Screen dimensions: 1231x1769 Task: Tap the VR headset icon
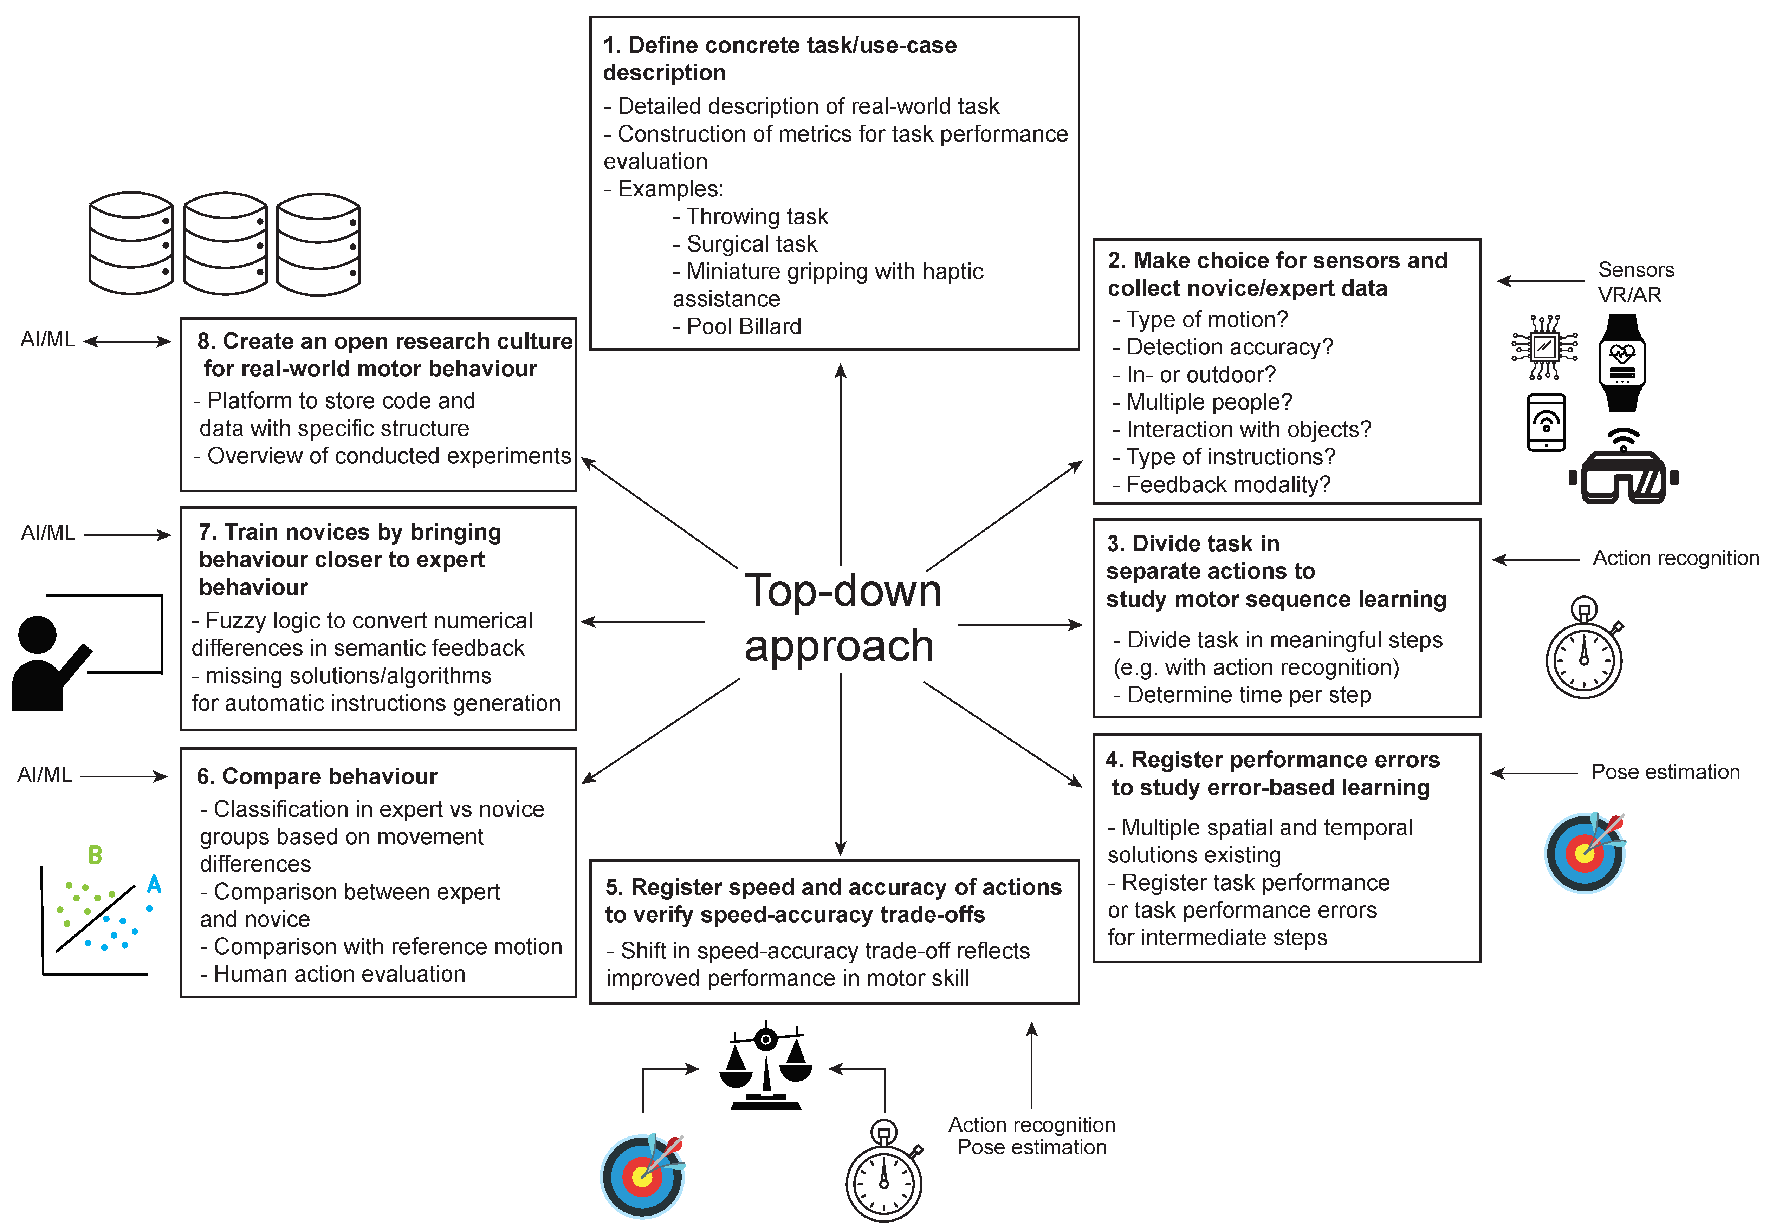pos(1624,471)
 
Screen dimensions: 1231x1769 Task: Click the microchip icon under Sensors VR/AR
pos(1544,347)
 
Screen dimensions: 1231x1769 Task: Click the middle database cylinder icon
pos(225,243)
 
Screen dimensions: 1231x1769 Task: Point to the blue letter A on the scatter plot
pos(154,884)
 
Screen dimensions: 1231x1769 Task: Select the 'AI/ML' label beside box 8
pos(48,340)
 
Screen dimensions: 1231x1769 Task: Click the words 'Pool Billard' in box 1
pos(744,327)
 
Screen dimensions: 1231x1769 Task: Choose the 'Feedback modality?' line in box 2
pos(1228,484)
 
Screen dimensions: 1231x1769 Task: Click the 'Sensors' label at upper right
pos(1636,269)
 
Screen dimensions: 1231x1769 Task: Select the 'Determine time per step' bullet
pos(1248,695)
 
